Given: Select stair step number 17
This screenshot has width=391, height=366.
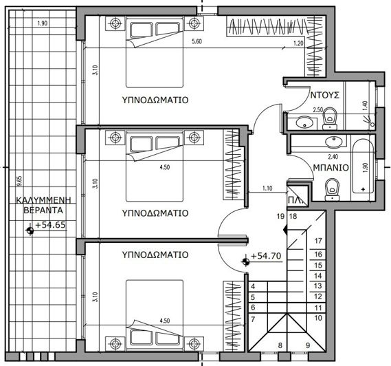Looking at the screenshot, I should (x=318, y=241).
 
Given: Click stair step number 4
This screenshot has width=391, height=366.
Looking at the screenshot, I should (x=252, y=286).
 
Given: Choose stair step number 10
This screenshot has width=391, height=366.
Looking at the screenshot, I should (x=318, y=319).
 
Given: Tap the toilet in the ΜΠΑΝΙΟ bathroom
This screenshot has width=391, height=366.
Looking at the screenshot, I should (x=333, y=186).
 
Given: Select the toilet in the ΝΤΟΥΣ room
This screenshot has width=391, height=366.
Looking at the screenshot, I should (x=330, y=118).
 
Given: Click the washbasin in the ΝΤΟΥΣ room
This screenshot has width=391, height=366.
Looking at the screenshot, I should (x=302, y=124).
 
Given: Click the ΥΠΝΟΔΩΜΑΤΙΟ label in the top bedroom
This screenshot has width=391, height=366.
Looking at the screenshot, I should (x=155, y=99).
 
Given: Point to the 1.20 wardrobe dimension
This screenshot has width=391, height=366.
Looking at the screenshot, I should (x=298, y=45).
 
